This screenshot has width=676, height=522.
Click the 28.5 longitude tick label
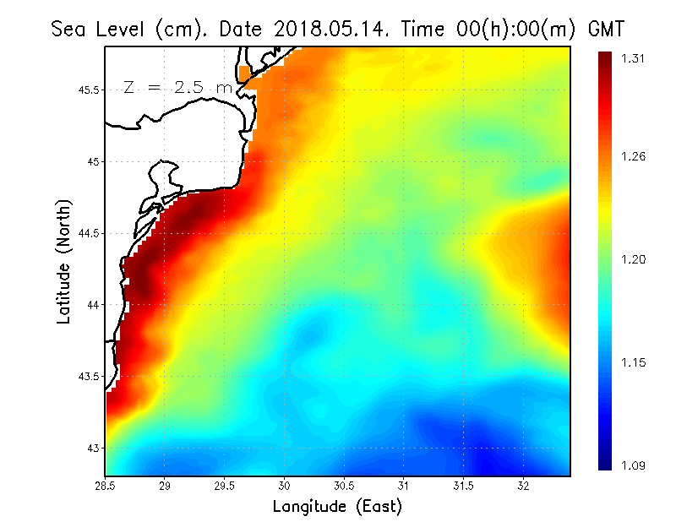point(106,486)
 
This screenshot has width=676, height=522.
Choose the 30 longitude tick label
point(285,486)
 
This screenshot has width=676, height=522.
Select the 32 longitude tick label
point(523,486)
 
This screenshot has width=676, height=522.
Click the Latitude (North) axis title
point(63,261)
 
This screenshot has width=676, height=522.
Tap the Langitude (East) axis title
point(337,506)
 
